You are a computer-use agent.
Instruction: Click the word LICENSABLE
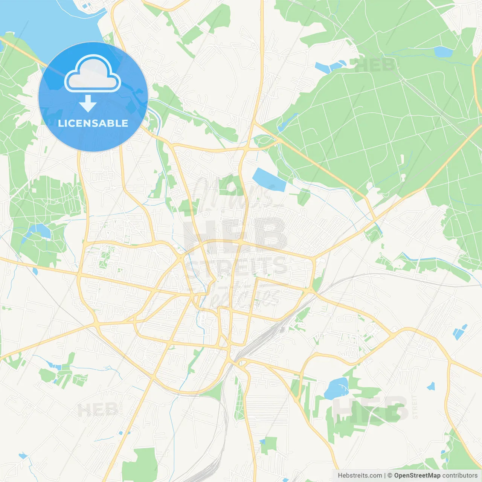point(93,123)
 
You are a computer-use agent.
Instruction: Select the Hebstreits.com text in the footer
point(360,476)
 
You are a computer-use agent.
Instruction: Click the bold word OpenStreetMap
point(417,476)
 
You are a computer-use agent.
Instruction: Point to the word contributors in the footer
point(460,476)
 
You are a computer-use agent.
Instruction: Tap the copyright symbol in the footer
point(390,476)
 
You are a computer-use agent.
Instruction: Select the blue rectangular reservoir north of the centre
point(269,180)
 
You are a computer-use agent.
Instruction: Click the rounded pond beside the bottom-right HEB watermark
point(336,389)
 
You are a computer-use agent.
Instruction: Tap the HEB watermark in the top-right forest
point(374,65)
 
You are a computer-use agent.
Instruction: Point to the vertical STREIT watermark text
point(415,407)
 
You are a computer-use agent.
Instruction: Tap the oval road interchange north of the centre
point(265,142)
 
